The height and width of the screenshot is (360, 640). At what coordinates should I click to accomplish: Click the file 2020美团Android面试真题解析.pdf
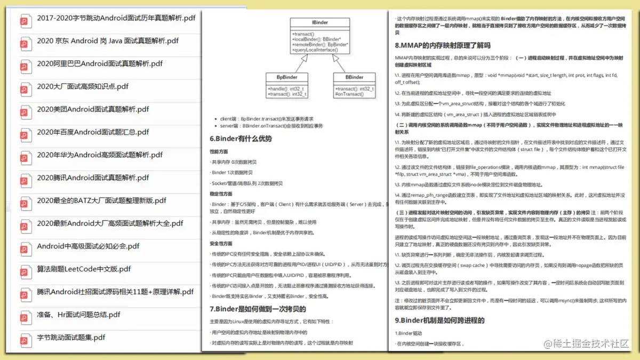[93, 109]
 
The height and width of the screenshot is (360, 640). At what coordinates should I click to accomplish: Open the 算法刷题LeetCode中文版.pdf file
[84, 269]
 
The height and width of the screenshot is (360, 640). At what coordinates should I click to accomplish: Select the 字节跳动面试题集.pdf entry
[71, 337]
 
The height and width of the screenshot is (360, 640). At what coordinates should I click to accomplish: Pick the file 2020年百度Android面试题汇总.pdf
[93, 132]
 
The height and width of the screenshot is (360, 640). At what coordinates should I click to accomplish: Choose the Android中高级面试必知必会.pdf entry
[88, 246]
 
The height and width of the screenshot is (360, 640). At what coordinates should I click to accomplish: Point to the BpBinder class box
[286, 85]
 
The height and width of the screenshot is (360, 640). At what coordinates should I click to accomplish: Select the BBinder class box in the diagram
[354, 85]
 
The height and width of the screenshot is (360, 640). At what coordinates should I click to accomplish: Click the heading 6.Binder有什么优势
[241, 139]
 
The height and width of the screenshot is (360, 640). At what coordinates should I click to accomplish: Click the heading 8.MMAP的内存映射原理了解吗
[442, 45]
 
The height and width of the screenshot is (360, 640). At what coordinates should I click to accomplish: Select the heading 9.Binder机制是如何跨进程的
[439, 321]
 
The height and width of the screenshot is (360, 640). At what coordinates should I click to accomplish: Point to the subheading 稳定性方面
[221, 194]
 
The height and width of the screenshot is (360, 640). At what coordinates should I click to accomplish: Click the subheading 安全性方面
[221, 243]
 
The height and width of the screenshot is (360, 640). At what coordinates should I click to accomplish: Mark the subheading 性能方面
[219, 151]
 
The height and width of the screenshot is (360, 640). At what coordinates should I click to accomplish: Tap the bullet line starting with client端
[267, 118]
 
